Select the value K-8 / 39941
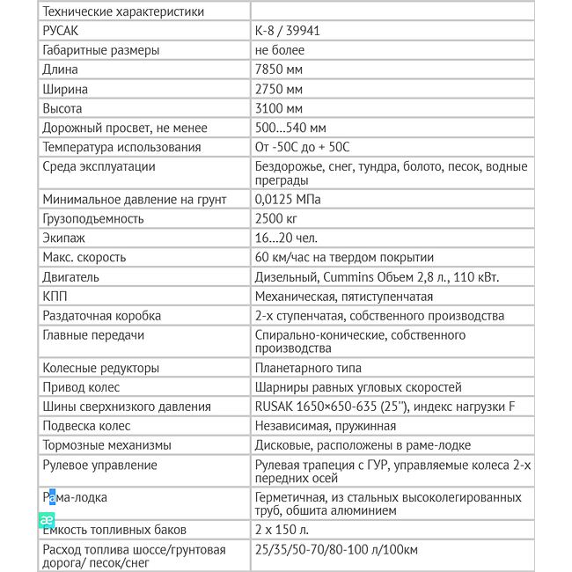click(x=287, y=31)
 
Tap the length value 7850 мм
click(x=279, y=70)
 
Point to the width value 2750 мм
click(x=279, y=89)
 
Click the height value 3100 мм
click(x=279, y=108)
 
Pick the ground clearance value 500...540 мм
click(x=290, y=128)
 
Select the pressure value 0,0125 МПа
click(x=288, y=199)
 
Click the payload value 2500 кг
click(x=276, y=218)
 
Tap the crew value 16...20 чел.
click(x=286, y=238)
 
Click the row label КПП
click(x=55, y=297)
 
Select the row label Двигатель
click(x=70, y=277)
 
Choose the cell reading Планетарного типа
click(x=308, y=368)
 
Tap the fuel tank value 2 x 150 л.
click(x=282, y=530)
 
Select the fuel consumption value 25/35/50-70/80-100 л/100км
click(x=336, y=549)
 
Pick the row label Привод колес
click(x=81, y=387)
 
